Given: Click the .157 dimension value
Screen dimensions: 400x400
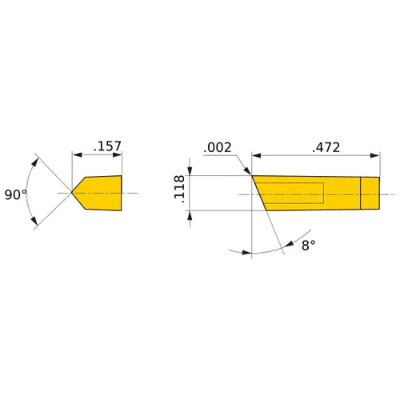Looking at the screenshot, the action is click(x=107, y=146).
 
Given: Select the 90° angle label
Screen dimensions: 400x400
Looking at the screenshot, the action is click(x=16, y=195).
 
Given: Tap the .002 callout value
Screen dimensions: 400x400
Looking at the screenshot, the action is click(x=218, y=148).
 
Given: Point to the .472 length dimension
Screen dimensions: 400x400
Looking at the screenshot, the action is click(x=326, y=147).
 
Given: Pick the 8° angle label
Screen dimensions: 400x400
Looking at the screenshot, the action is click(x=309, y=245).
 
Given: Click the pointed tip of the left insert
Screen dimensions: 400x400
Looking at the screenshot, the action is click(x=71, y=192).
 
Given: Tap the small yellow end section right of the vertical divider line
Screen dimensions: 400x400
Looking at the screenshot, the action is click(x=370, y=193).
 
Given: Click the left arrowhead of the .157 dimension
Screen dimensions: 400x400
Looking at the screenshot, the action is click(x=77, y=155).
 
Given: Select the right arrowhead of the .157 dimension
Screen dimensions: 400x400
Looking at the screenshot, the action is click(x=117, y=155).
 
